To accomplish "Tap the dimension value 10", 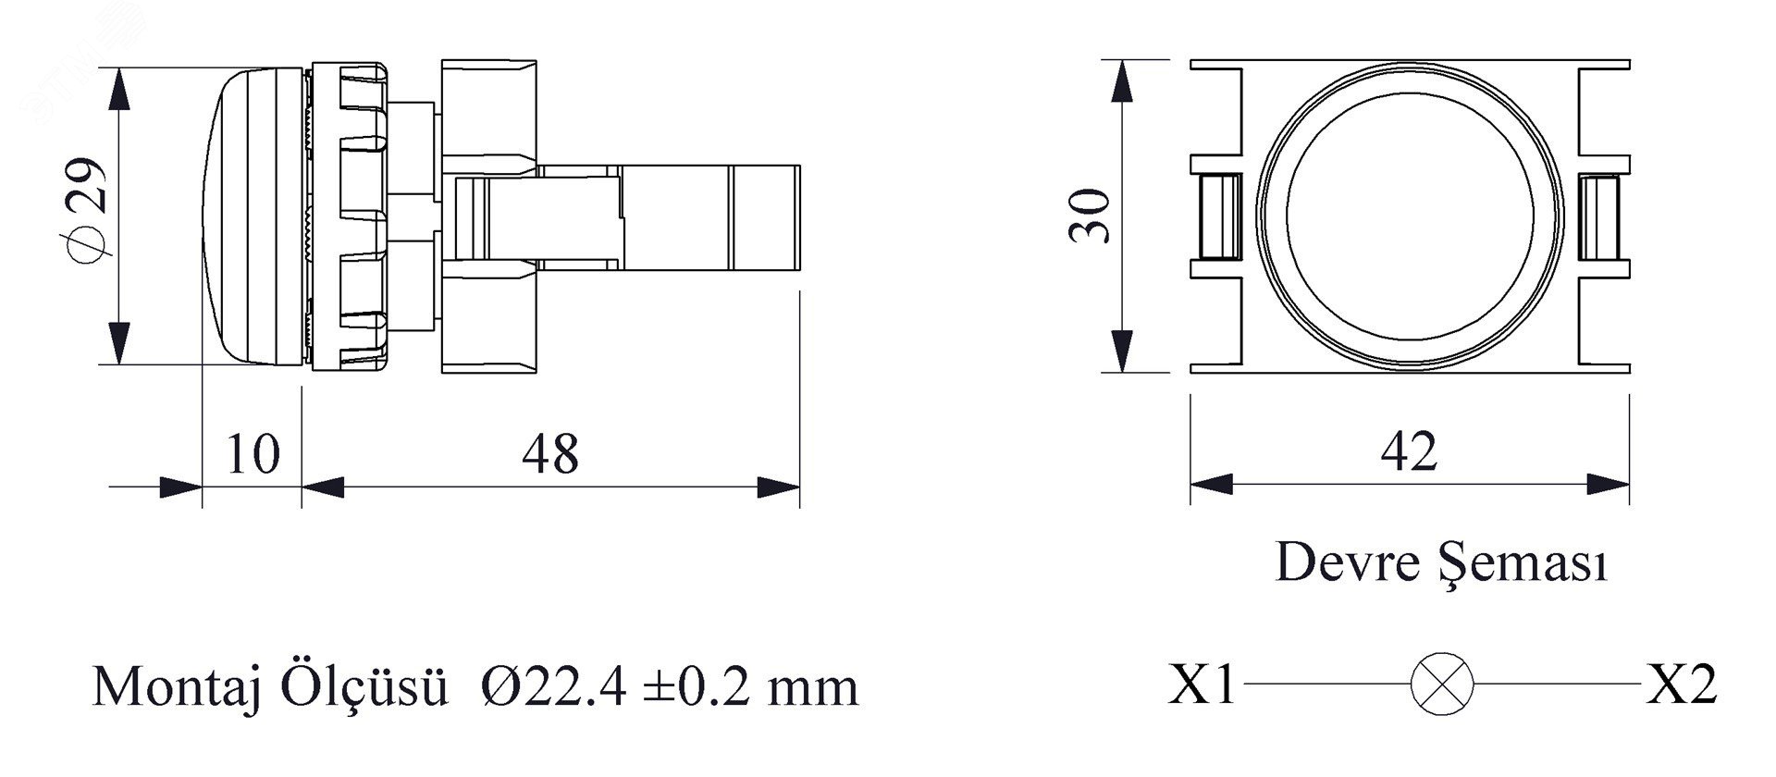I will (x=252, y=454).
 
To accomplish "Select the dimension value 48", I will (x=550, y=454).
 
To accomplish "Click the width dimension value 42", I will (x=1409, y=452).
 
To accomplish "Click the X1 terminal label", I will (x=1202, y=685).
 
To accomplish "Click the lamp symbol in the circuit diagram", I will (x=1442, y=684).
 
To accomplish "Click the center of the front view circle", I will (x=1410, y=216).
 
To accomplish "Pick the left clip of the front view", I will (x=1218, y=216).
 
